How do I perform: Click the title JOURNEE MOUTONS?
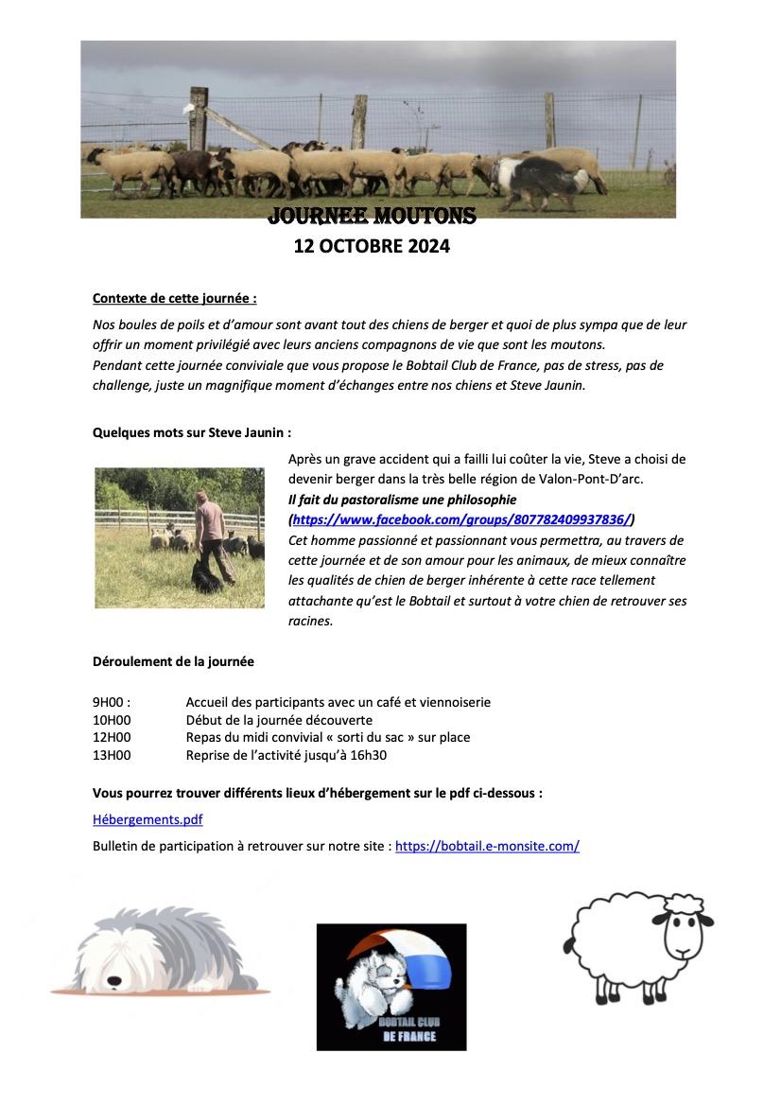pos(372,217)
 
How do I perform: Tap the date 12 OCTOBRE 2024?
pos(372,247)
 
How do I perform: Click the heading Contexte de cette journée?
pos(174,298)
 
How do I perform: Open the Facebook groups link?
pos(461,519)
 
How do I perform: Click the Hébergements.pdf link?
pos(148,819)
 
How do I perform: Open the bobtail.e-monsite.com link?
pos(487,846)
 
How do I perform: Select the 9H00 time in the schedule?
pos(110,702)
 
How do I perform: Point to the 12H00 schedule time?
pos(112,737)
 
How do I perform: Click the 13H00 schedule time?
pos(112,755)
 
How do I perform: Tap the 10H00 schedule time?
pos(112,720)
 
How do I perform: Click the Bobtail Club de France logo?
pos(390,987)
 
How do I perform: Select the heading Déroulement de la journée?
pos(173,661)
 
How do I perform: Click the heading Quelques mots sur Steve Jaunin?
pos(191,431)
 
